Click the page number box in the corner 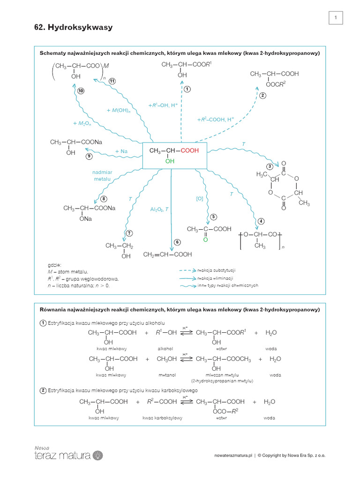click(336, 18)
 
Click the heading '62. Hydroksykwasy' click(74, 27)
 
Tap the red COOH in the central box click(190, 150)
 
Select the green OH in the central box click(170, 161)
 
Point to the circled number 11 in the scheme click(112, 81)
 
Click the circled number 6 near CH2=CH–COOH click(177, 242)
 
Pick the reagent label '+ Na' click(121, 151)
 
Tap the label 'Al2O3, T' click(159, 210)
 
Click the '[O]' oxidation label click(200, 199)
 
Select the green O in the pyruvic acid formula click(205, 240)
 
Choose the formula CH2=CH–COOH click(168, 255)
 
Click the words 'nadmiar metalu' click(102, 176)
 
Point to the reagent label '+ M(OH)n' click(119, 111)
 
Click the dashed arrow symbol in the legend click(187, 270)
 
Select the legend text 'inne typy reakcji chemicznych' click(228, 285)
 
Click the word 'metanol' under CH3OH click(167, 375)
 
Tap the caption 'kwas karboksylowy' click(162, 418)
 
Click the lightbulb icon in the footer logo click(98, 456)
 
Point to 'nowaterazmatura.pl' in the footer click(233, 456)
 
